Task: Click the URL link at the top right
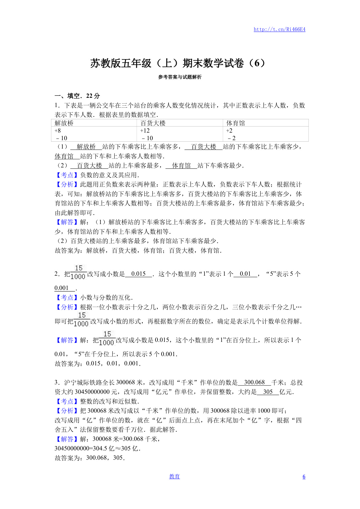279,29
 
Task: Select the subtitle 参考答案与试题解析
180,77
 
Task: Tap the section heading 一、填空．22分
77,96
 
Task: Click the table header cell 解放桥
64,123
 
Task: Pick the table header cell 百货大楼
153,123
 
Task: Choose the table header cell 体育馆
236,123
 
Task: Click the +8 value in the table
58,131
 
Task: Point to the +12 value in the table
145,131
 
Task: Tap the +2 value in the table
229,131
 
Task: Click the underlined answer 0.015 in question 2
138,274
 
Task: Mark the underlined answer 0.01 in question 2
245,274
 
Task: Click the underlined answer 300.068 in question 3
254,382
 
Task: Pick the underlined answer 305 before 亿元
268,392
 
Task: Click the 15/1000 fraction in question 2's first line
78,272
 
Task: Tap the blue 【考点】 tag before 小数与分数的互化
67,298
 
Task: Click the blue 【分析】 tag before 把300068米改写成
67,411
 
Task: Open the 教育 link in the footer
174,476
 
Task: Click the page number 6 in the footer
304,477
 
